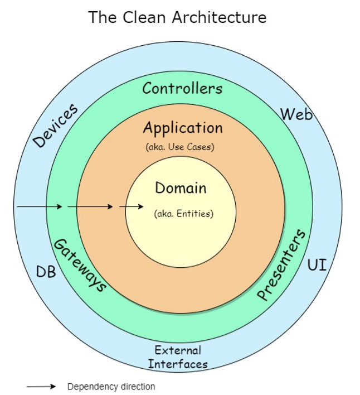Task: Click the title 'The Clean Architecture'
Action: pos(177,17)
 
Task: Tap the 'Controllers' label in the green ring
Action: pos(182,88)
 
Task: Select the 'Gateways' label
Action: pos(79,264)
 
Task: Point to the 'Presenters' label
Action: pos(281,265)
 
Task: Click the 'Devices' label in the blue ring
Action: pos(55,126)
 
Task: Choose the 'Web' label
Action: pos(296,114)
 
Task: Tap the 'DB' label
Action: pos(47,272)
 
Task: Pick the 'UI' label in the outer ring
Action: pos(317,265)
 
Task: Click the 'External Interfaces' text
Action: pos(178,357)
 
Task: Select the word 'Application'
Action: pos(182,128)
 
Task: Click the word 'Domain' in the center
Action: pos(181,188)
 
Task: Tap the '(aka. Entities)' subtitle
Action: pos(183,213)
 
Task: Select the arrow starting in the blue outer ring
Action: pos(40,207)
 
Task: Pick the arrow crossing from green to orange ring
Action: pos(90,207)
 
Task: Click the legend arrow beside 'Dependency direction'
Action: pos(41,387)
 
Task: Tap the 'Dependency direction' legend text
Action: pos(111,387)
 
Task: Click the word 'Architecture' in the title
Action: pos(220,17)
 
